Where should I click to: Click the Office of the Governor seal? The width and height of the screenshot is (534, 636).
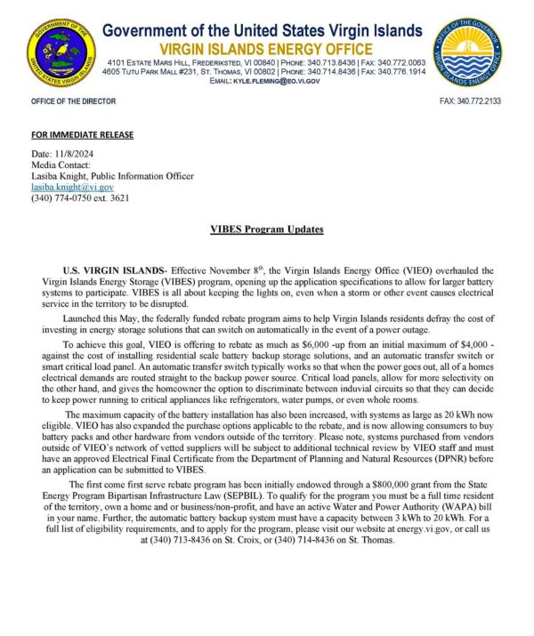point(468,52)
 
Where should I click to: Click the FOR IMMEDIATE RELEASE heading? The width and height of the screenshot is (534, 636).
point(82,135)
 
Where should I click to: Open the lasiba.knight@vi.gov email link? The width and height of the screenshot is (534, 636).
point(72,188)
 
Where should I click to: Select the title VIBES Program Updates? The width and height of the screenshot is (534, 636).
point(266,230)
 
